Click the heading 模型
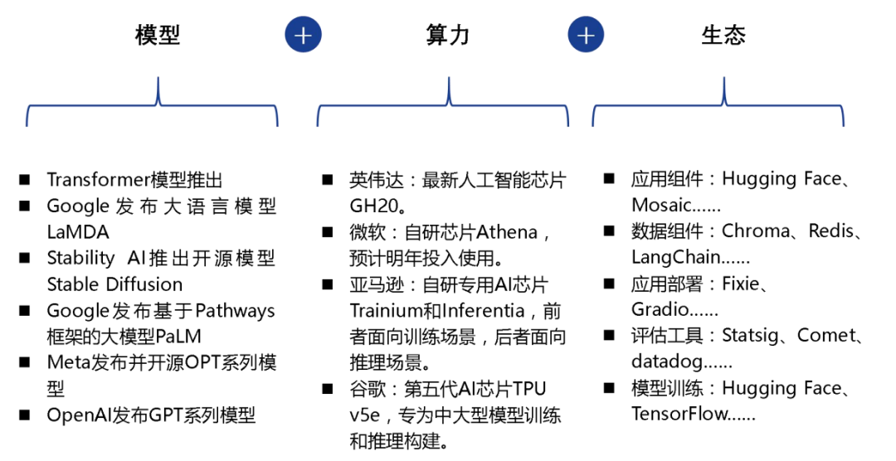pyautogui.click(x=158, y=35)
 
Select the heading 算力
pyautogui.click(x=447, y=35)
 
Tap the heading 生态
pyautogui.click(x=723, y=35)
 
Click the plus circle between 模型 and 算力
pyautogui.click(x=303, y=35)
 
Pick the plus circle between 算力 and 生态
pyautogui.click(x=586, y=35)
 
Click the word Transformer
pyautogui.click(x=99, y=180)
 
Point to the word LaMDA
pyautogui.click(x=78, y=232)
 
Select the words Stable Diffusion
pyautogui.click(x=114, y=284)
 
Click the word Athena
pyautogui.click(x=507, y=231)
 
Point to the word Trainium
pyautogui.click(x=385, y=311)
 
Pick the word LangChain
pyautogui.click(x=675, y=257)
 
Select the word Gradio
pyautogui.click(x=660, y=309)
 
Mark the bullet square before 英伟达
pyautogui.click(x=328, y=180)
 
